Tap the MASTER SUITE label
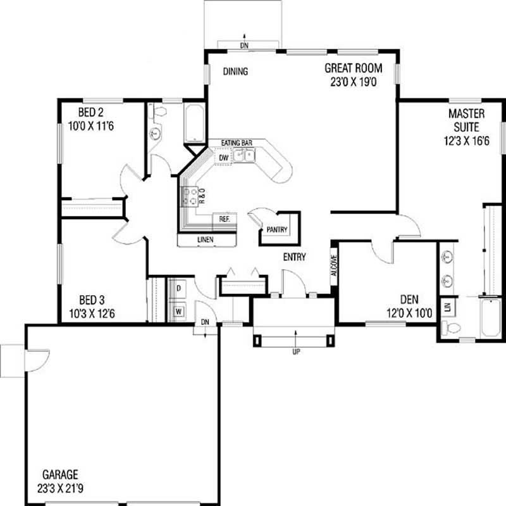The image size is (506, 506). pos(466,120)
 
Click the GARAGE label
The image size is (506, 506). pos(60,474)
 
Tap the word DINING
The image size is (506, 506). pos(235,72)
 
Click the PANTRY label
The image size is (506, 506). pos(278,229)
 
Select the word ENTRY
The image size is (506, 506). pos(295,257)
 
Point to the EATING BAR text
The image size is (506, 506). pos(237,144)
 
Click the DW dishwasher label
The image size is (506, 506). pos(223,158)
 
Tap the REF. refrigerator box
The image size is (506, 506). pos(224,218)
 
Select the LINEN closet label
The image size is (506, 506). pos(206,239)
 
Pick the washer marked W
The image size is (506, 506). pos(179,311)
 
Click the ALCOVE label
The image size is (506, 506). pos(334,265)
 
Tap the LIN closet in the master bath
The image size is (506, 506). pos(448,307)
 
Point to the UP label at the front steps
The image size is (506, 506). pos(295,351)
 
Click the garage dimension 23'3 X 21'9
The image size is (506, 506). pos(60,488)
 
